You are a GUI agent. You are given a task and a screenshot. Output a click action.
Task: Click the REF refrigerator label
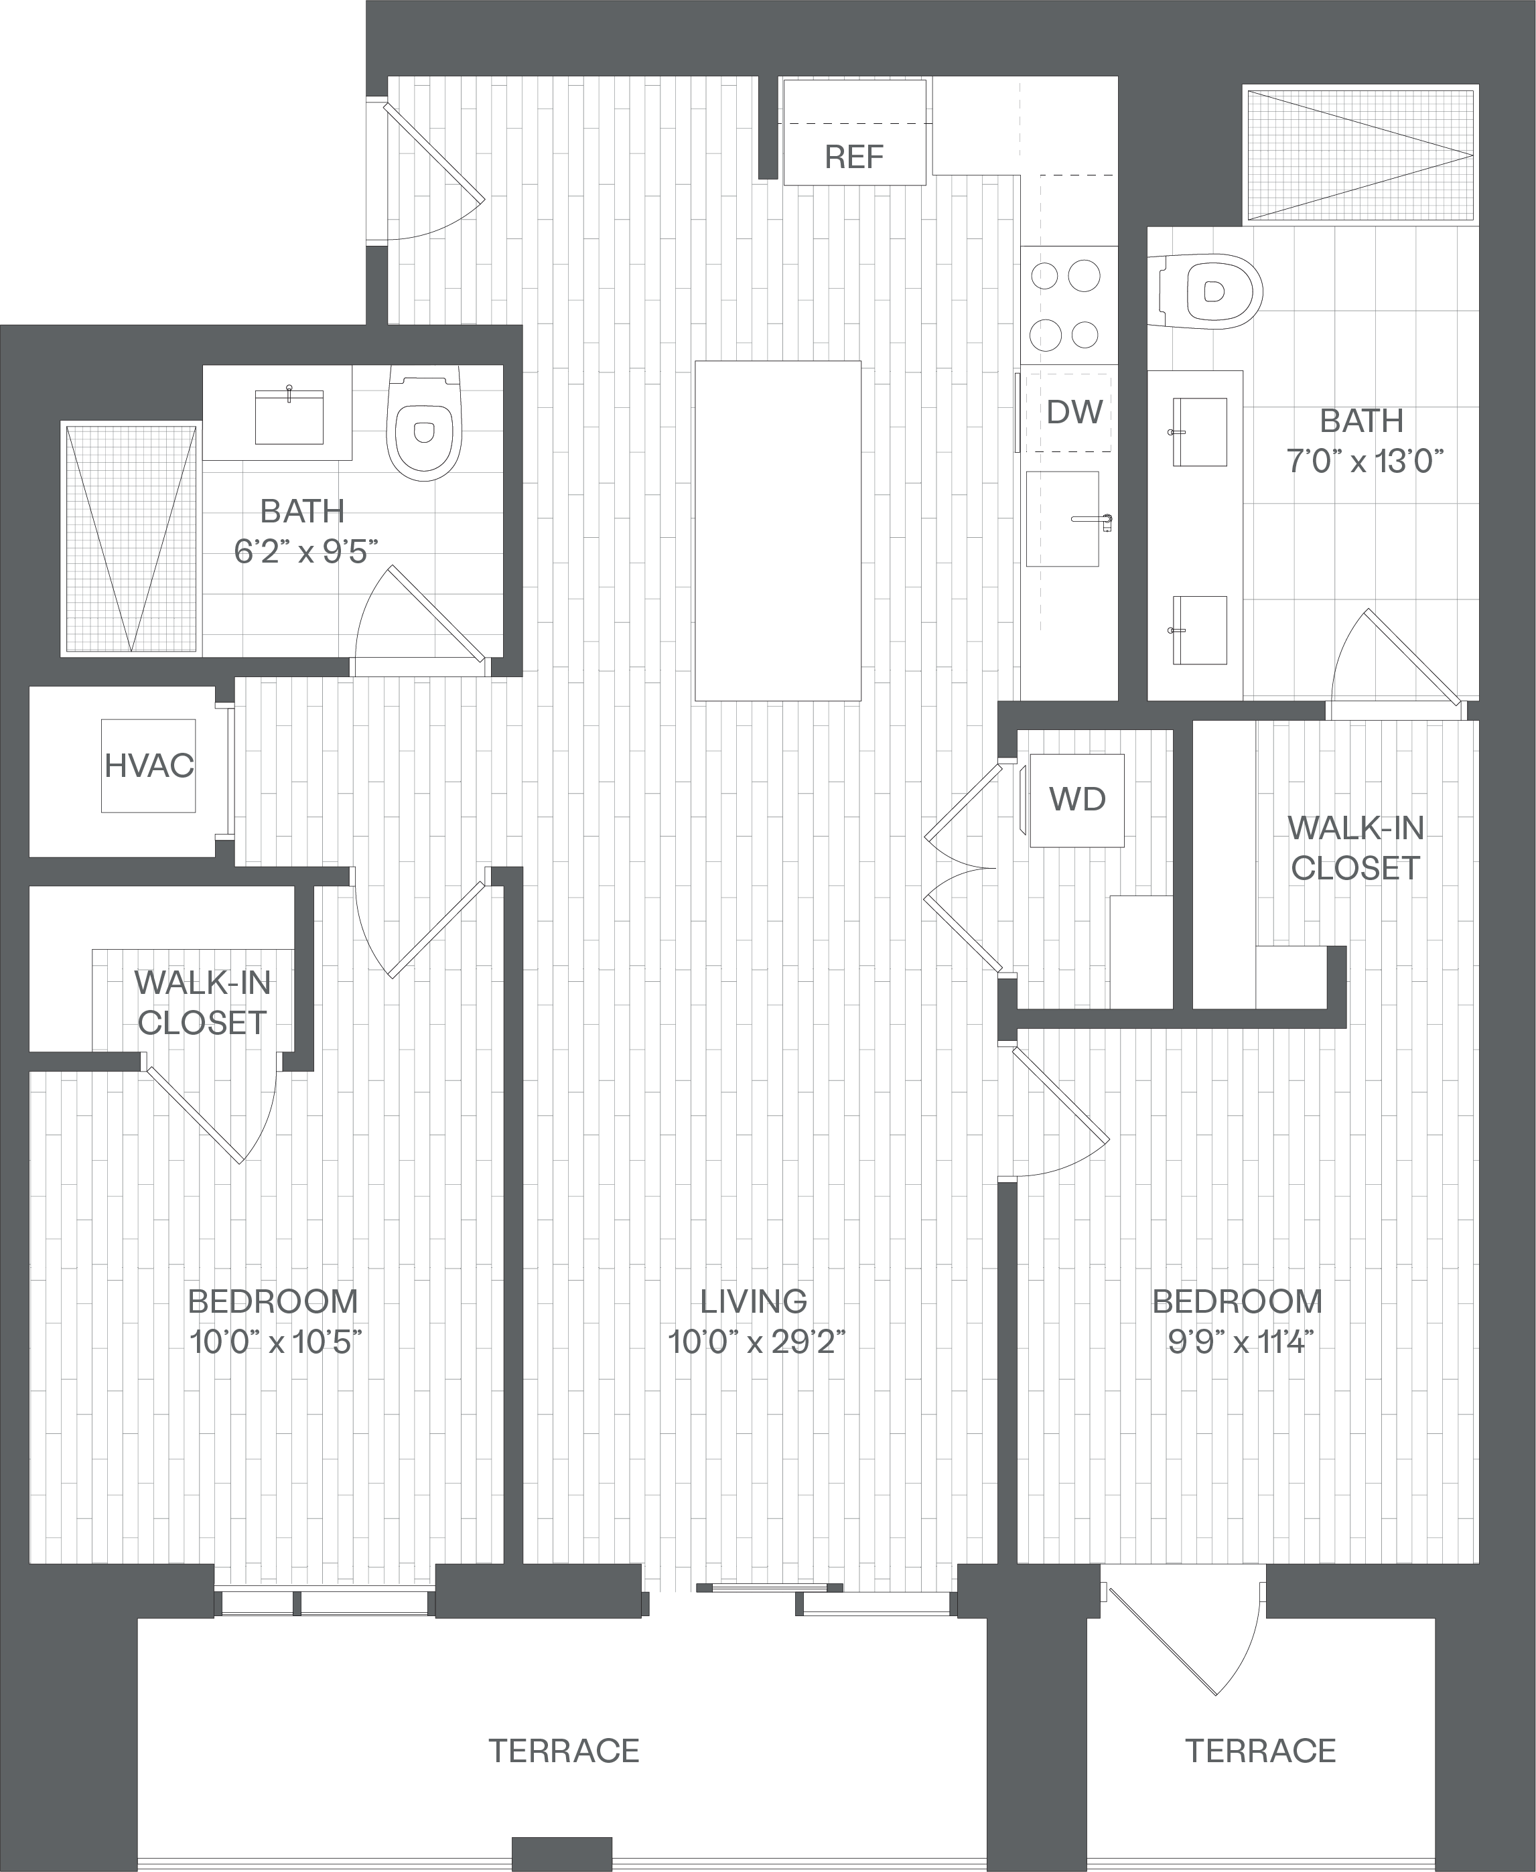click(854, 157)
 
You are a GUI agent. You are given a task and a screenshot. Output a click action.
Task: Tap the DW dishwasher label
click(1074, 413)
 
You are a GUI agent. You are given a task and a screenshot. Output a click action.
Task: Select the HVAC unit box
click(148, 766)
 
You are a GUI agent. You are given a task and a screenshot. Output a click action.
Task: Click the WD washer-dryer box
click(1076, 800)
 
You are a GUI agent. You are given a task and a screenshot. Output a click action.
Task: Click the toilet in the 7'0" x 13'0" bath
click(1210, 291)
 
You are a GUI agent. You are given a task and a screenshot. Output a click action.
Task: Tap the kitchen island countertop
click(778, 531)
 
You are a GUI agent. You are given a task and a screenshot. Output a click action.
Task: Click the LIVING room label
click(753, 1301)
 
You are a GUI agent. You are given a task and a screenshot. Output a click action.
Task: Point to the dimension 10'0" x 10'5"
click(276, 1343)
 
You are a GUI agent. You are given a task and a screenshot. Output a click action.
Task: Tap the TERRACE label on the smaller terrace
click(1260, 1751)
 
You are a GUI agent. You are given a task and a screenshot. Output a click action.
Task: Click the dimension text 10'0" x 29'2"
click(756, 1343)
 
